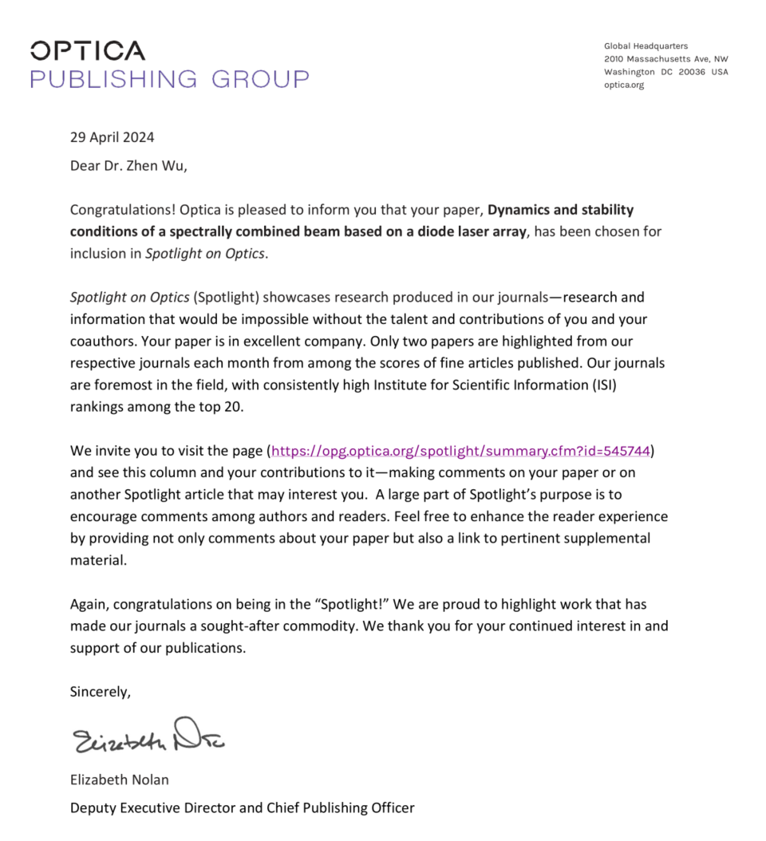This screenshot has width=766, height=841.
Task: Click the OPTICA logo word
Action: point(88,51)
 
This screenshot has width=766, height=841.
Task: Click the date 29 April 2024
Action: point(112,137)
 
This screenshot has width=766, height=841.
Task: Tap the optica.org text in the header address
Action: point(623,85)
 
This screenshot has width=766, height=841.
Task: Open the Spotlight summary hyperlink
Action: point(461,451)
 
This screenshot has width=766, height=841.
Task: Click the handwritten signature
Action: point(148,737)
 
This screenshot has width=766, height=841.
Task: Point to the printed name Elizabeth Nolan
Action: point(119,780)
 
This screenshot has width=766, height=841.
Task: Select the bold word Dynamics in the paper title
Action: point(519,211)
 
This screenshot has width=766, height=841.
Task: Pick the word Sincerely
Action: point(100,692)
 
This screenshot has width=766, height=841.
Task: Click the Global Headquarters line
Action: point(646,46)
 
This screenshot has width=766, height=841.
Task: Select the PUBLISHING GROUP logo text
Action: point(169,79)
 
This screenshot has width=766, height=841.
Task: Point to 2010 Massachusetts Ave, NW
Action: point(665,59)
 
